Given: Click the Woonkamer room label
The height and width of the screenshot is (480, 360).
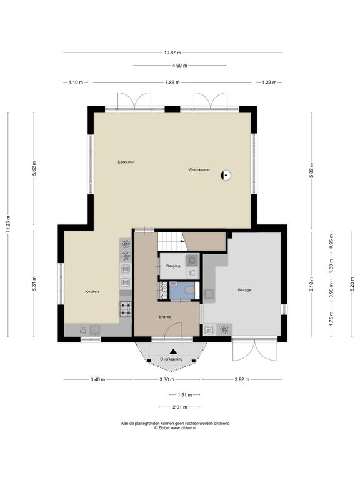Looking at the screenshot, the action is [x=199, y=169].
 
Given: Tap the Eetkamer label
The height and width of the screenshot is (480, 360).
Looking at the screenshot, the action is [x=126, y=162].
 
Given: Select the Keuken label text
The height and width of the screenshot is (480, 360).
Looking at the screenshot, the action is [x=92, y=292].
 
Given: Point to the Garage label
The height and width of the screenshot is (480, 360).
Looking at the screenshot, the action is [x=244, y=289].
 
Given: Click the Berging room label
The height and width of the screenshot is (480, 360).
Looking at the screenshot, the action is [x=173, y=266].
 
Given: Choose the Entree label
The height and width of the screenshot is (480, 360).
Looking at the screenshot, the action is [x=165, y=317].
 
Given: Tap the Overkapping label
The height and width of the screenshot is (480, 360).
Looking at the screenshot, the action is [x=171, y=359].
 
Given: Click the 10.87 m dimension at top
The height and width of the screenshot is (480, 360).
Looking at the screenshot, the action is [x=172, y=52].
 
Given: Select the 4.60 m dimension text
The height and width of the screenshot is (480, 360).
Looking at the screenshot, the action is [x=180, y=65].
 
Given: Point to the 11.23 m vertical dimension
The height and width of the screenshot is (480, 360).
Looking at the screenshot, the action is [x=8, y=224].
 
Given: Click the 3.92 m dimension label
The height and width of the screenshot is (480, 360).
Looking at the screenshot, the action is [x=242, y=379].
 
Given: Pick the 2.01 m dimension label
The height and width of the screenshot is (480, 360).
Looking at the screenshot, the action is [x=180, y=407].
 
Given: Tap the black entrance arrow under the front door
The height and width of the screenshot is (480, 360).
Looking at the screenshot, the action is [x=173, y=351].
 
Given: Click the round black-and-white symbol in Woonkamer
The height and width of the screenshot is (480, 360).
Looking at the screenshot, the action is [x=226, y=176].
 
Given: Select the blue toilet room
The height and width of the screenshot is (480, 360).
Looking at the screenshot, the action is [x=182, y=291].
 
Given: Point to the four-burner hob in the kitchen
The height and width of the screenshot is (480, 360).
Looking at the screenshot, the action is [x=126, y=309].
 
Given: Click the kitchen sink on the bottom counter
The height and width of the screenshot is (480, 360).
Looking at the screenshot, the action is [x=94, y=330].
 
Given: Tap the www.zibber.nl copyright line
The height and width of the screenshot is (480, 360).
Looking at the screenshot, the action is [x=175, y=428].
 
